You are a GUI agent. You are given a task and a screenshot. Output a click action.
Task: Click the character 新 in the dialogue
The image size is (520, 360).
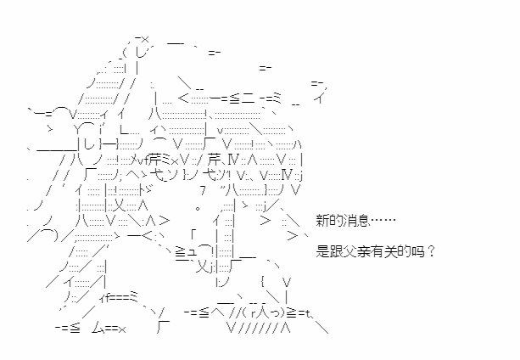322,220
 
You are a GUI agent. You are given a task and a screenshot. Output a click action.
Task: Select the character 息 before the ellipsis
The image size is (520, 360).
363,220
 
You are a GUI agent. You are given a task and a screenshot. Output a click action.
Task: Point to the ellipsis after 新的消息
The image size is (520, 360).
383,220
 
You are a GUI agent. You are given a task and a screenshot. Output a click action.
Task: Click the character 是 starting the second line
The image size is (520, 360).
322,251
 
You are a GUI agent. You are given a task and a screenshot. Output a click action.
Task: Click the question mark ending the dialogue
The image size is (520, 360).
430,251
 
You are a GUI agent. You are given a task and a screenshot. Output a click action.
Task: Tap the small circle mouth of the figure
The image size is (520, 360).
198,209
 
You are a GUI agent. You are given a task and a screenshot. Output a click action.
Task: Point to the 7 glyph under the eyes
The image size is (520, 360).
203,190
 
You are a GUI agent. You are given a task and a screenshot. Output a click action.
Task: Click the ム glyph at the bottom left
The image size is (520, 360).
98,329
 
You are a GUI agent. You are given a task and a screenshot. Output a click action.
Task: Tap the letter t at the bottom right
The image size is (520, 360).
308,312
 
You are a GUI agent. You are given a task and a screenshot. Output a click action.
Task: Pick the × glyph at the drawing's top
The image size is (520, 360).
144,40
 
